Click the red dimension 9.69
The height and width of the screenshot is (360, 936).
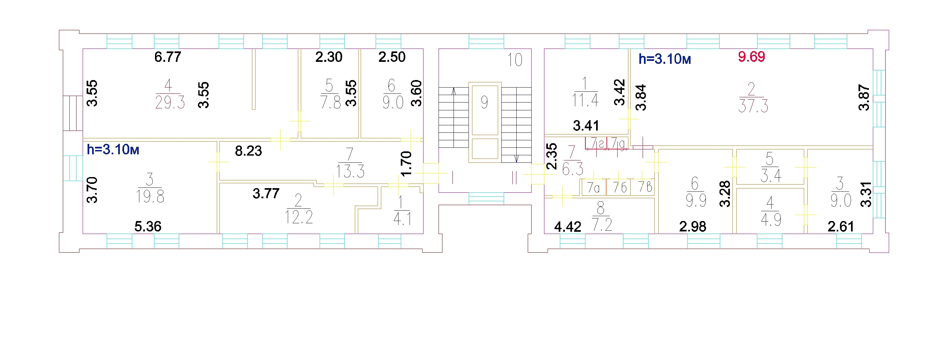(751, 57)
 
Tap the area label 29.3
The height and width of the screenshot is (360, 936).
(170, 103)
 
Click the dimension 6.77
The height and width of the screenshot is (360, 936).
(168, 57)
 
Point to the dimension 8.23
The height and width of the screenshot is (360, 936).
(248, 151)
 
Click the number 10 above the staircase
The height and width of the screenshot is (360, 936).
(514, 60)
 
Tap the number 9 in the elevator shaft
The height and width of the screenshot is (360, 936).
(484, 102)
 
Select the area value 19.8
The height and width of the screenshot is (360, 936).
(150, 197)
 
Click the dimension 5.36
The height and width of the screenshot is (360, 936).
(148, 226)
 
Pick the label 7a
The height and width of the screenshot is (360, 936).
(594, 188)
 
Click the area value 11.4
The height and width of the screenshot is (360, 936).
(585, 100)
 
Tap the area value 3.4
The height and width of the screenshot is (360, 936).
(771, 176)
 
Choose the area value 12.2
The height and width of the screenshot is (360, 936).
(299, 217)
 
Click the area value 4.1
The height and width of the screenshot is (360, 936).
(402, 219)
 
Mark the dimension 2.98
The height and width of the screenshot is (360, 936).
(692, 227)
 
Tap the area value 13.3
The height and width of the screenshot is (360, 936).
(350, 172)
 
